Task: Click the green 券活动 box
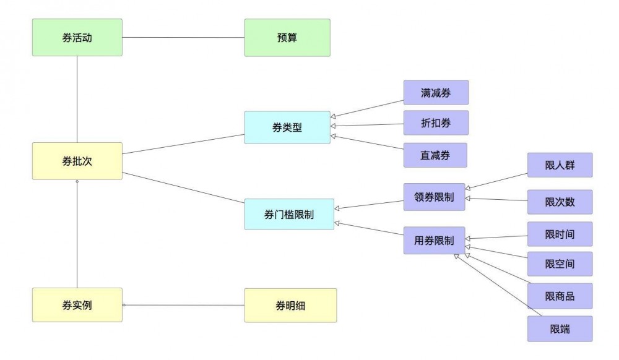point(77,38)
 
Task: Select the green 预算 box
point(287,38)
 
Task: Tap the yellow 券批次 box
point(77,161)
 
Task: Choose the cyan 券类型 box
point(287,127)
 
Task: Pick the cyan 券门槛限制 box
point(289,215)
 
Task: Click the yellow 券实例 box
point(77,305)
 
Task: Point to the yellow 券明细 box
point(290,305)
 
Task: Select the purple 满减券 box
point(436,92)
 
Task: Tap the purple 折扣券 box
point(436,123)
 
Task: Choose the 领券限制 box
point(434,198)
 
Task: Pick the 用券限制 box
point(434,241)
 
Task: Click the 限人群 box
point(560,165)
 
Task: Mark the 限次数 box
point(560,202)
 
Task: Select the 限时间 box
point(560,234)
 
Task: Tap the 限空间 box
point(560,264)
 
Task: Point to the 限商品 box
point(560,296)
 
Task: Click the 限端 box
point(560,329)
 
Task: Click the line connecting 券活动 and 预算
point(183,38)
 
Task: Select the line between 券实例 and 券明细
point(183,305)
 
